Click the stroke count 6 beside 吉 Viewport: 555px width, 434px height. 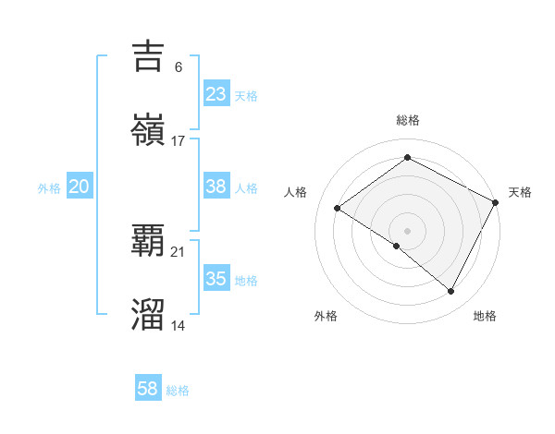[178, 66]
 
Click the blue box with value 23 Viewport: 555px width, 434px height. [216, 94]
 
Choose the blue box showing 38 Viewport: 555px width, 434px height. [216, 187]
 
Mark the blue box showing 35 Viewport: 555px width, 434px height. [216, 279]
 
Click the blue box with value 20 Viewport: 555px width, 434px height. [80, 187]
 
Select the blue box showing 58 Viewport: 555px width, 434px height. [148, 389]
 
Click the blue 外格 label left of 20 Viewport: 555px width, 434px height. [49, 188]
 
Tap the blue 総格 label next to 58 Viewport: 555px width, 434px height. [178, 391]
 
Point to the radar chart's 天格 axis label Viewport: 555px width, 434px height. [521, 192]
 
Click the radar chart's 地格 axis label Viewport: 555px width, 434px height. [485, 316]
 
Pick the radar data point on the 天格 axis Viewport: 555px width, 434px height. [495, 202]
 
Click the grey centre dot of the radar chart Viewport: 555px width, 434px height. [407, 230]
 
